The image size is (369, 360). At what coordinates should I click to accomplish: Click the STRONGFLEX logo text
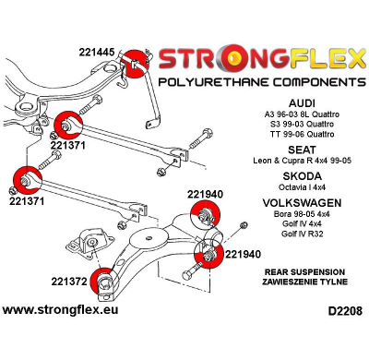pyautogui.click(x=261, y=62)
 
